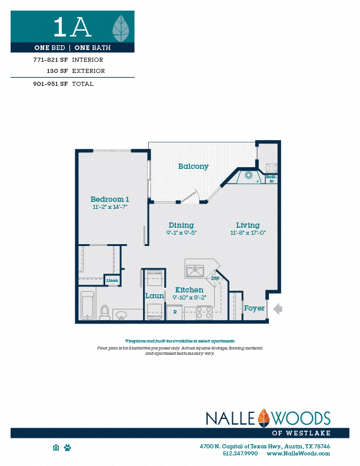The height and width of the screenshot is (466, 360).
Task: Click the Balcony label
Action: pyautogui.click(x=194, y=167)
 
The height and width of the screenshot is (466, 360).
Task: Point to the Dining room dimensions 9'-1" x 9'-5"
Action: pyautogui.click(x=181, y=232)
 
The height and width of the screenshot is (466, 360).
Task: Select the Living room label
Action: pyautogui.click(x=248, y=225)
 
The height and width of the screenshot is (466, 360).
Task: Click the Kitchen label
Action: pyautogui.click(x=189, y=289)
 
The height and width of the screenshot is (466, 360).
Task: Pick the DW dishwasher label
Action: pyautogui.click(x=215, y=278)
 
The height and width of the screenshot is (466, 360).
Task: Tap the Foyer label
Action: pyautogui.click(x=254, y=308)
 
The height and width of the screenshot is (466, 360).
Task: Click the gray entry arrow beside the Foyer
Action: pyautogui.click(x=278, y=308)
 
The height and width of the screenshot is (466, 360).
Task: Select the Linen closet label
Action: pyautogui.click(x=112, y=281)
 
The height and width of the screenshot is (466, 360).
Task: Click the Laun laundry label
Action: pyautogui.click(x=154, y=296)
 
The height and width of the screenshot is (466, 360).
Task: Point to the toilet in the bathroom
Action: pyautogui.click(x=105, y=312)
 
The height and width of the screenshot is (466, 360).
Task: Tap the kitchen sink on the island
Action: pyautogui.click(x=195, y=271)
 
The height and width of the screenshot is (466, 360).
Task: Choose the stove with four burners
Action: pyautogui.click(x=204, y=312)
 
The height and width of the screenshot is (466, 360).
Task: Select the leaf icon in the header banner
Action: pyautogui.click(x=121, y=26)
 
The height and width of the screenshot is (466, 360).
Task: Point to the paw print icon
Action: pyautogui.click(x=68, y=448)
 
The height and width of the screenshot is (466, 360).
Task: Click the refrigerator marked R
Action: pyautogui.click(x=175, y=312)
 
